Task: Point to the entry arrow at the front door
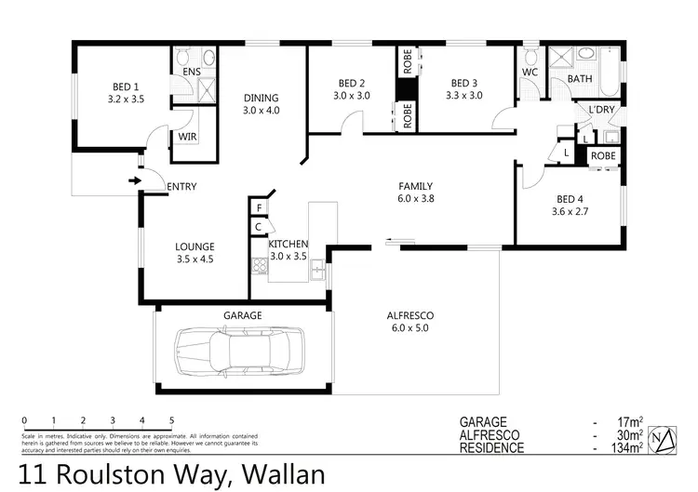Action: coord(136,180)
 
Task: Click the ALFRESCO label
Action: coord(410,315)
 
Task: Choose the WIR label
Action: coord(186,139)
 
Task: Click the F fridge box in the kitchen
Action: coord(258,206)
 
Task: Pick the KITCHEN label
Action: coord(289,244)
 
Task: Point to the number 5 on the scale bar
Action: coord(172,420)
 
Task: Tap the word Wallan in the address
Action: coord(284,475)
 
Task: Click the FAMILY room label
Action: coord(416,186)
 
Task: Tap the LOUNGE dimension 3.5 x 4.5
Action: coord(195,259)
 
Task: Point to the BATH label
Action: coord(580,79)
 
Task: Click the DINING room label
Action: coord(262,98)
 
